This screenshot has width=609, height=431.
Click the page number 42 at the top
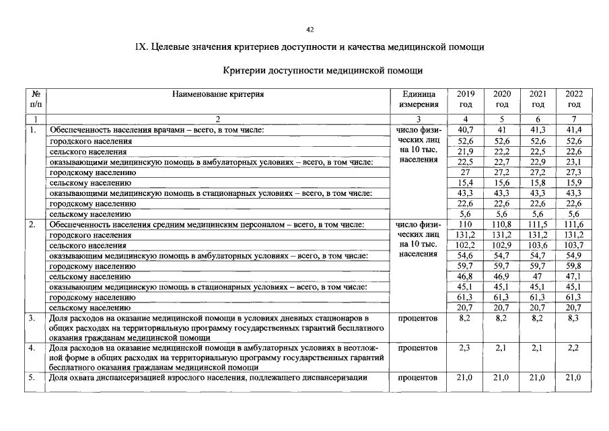pos(310,30)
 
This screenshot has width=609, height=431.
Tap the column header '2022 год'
pos(574,99)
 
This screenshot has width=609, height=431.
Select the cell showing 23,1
pos(574,162)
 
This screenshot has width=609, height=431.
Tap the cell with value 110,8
pos(502,224)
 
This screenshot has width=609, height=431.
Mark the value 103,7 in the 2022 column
pos(574,245)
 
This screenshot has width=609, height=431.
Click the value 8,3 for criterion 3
pos(574,317)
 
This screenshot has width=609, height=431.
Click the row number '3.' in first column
pos(32,317)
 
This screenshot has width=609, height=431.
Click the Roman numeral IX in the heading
pos(141,47)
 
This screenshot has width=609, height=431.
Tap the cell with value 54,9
pos(574,256)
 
